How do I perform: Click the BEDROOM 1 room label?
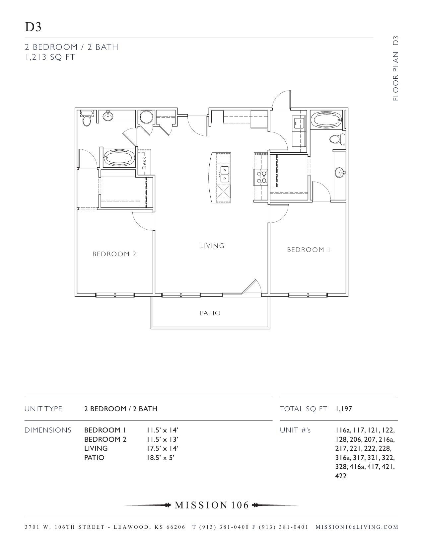(309, 250)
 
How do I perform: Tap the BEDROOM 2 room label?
(114, 254)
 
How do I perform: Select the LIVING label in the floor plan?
(212, 246)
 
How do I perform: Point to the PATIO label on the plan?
(210, 313)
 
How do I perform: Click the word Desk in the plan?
(144, 163)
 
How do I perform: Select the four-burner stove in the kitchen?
(260, 177)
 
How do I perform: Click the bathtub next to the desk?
(119, 158)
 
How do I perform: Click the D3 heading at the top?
(33, 27)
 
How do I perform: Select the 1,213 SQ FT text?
(50, 57)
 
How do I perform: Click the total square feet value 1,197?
(344, 409)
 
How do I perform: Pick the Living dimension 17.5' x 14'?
(163, 448)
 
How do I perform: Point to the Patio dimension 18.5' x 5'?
(161, 458)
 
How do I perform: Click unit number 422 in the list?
(341, 476)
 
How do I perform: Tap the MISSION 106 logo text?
(212, 505)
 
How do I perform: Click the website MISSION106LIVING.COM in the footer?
(357, 527)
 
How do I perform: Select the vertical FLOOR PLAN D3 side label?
(395, 68)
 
